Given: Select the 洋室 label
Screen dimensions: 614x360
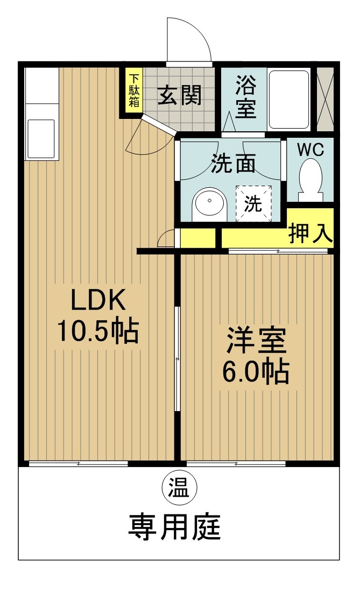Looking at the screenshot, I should tap(256, 340).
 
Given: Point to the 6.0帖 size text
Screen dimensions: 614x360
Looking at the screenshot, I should tap(256, 371).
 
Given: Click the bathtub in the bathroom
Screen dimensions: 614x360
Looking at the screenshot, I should tap(289, 100).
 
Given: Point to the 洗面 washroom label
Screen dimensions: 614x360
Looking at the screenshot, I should tap(233, 164).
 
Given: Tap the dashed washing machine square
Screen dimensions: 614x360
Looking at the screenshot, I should tap(253, 202).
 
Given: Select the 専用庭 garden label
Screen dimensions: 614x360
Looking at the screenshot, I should tap(174, 526).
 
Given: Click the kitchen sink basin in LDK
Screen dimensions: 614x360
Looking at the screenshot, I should tap(41, 137).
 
